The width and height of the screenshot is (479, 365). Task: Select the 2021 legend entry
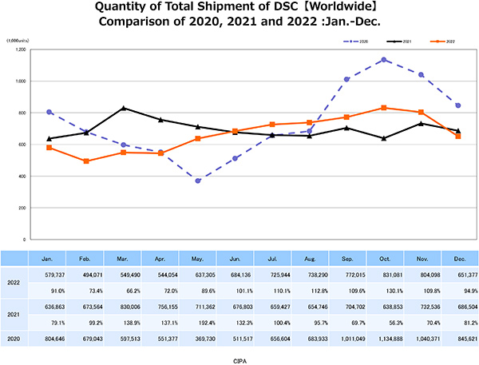(399, 39)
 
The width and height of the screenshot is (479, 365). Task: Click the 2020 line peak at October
(385, 60)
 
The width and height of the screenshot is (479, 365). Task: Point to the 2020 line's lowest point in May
(198, 181)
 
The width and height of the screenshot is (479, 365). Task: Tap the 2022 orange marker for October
(385, 108)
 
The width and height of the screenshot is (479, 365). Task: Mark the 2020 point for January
(49, 112)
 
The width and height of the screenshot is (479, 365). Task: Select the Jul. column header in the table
(273, 259)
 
